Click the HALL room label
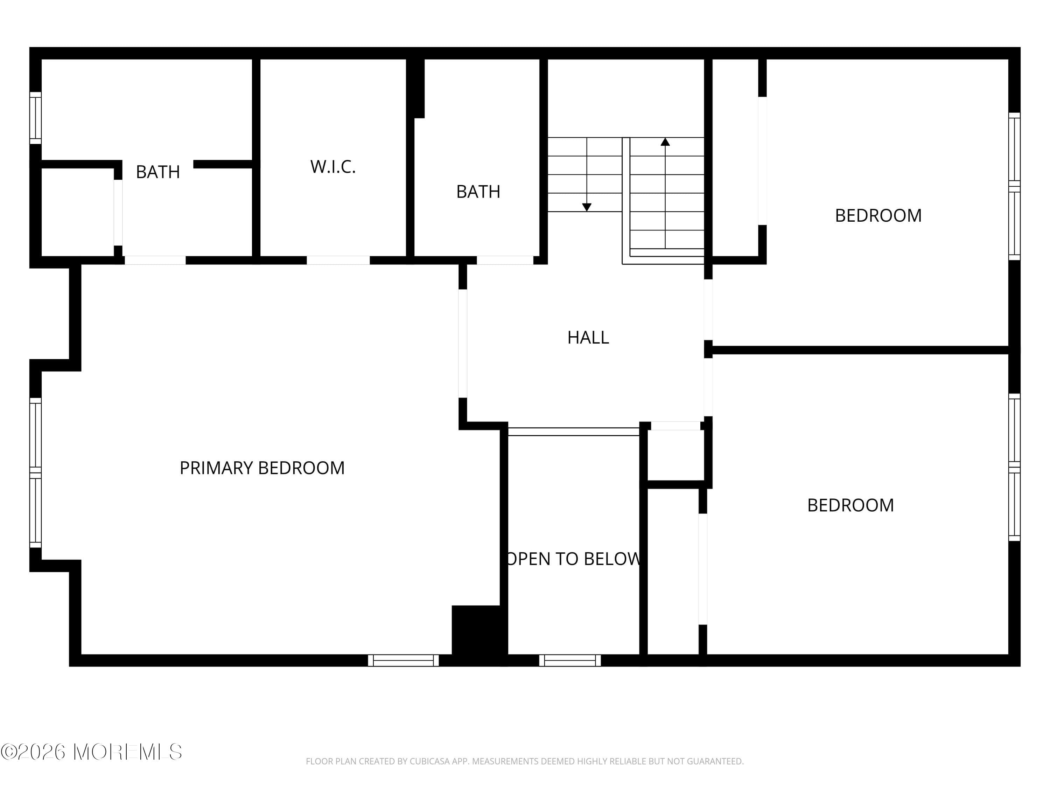[588, 337]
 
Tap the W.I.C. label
[333, 167]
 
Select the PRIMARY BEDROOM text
[262, 468]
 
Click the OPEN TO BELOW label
[573, 559]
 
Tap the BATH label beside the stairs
[478, 192]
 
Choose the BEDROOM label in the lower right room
[850, 505]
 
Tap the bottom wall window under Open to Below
[569, 660]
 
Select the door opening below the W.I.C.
[338, 260]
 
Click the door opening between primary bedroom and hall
[462, 343]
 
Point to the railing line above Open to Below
[573, 432]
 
